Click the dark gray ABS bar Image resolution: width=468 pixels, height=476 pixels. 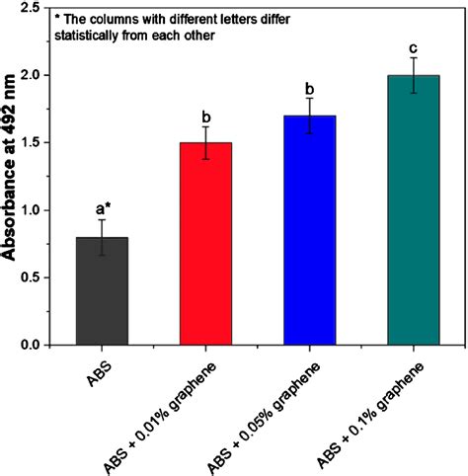(103, 291)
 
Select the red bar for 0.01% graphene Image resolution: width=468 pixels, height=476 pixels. (206, 244)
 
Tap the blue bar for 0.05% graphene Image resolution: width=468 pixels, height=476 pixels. (310, 230)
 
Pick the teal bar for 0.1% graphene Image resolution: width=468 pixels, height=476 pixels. (414, 210)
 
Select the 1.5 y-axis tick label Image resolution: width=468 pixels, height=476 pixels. (39, 143)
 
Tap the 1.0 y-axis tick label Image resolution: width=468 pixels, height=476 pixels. (39, 210)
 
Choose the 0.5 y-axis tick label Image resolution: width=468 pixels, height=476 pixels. (39, 278)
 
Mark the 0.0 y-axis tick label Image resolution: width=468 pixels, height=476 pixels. (39, 345)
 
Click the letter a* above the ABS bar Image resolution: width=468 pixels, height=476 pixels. (104, 208)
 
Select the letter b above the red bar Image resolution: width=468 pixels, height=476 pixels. (206, 116)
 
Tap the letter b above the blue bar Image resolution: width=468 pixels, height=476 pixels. (310, 87)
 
